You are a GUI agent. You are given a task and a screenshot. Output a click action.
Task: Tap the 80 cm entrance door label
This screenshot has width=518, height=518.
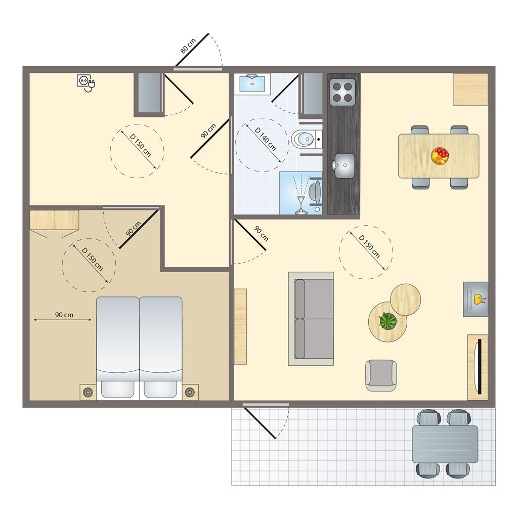pyautogui.click(x=188, y=46)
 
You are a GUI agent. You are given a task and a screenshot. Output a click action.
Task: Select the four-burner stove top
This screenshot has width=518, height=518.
pyautogui.click(x=342, y=92)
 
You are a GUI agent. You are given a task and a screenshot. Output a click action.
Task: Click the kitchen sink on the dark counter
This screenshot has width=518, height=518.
pyautogui.click(x=343, y=165)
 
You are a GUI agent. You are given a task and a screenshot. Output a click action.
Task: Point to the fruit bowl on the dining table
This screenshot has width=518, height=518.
pyautogui.click(x=440, y=156)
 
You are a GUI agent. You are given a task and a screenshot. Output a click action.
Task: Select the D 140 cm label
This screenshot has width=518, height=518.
pyautogui.click(x=265, y=139)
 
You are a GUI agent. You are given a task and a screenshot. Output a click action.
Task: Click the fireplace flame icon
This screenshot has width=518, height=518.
pyautogui.click(x=480, y=299)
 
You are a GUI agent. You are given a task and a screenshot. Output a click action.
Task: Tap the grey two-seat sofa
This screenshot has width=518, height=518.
pyautogui.click(x=311, y=319)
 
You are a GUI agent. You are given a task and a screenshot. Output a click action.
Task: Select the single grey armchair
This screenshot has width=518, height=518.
pyautogui.click(x=381, y=375)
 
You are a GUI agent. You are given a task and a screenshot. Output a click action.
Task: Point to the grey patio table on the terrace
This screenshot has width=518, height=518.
pyautogui.click(x=445, y=444)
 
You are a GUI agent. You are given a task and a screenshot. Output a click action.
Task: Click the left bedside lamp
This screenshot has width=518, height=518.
pyautogui.click(x=88, y=392)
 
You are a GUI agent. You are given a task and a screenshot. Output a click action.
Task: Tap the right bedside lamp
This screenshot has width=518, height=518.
pyautogui.click(x=190, y=392)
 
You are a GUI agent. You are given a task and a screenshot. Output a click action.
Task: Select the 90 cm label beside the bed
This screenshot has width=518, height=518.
pyautogui.click(x=64, y=315)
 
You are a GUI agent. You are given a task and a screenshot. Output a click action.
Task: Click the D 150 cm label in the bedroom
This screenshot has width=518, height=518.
pyautogui.click(x=92, y=260)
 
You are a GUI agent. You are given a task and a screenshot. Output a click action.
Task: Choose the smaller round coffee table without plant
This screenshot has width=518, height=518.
pyautogui.click(x=405, y=299)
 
